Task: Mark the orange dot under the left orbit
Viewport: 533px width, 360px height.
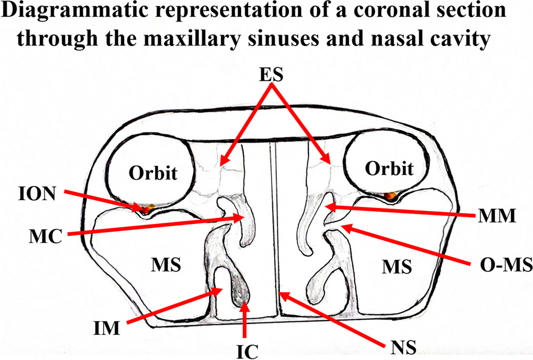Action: pos(147,208)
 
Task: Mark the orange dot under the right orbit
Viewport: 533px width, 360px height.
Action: pos(391,195)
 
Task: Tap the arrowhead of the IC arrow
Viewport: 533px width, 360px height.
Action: pos(245,305)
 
